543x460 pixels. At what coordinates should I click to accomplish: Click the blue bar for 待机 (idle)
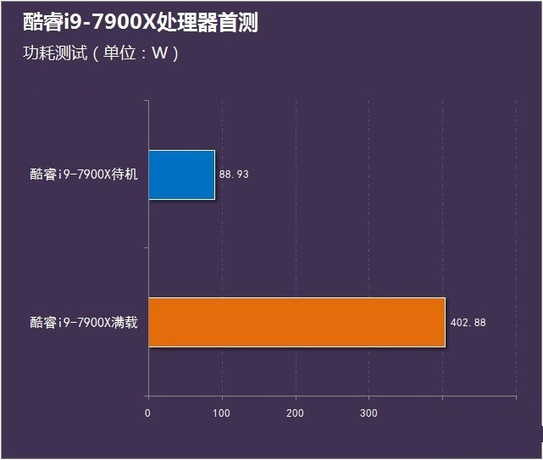181,175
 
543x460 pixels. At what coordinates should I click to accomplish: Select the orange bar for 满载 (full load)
296,322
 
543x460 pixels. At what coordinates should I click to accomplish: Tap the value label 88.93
234,175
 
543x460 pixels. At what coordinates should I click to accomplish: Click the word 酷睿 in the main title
40,23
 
